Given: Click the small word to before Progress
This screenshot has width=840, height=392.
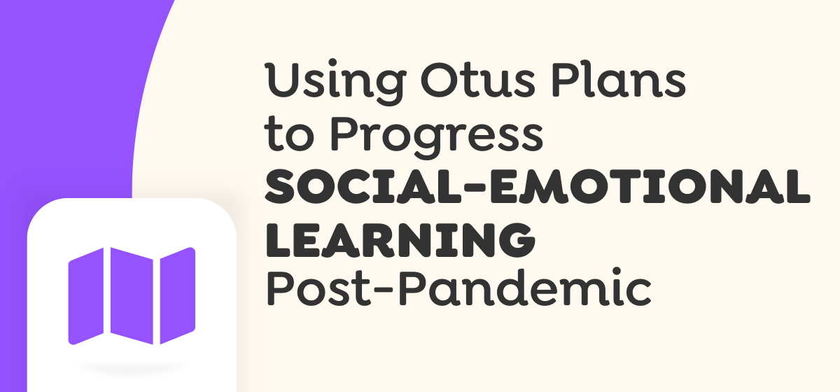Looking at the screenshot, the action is (289, 134).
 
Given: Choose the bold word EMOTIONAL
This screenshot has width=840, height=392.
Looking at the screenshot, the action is (650, 186).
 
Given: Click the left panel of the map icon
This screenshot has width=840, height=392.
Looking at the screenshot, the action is (86, 296).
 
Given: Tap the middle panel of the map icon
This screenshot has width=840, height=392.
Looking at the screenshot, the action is (132, 295).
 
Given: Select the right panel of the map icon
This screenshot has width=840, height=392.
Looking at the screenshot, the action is (178, 295).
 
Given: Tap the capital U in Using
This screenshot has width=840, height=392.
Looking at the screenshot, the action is (283, 79).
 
